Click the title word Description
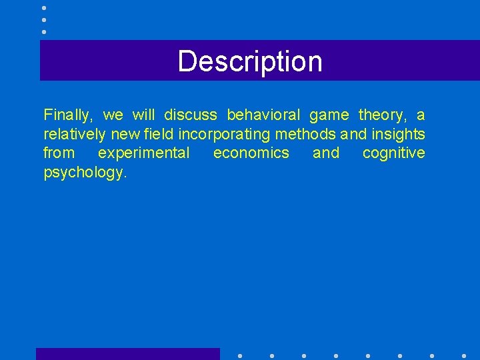pyautogui.click(x=250, y=61)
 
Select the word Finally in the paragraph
pyautogui.click(x=68, y=115)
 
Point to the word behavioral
pyautogui.click(x=263, y=115)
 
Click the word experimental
pyautogui.click(x=143, y=153)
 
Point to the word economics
pyautogui.click(x=251, y=153)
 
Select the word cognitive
pyautogui.click(x=393, y=153)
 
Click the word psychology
pyautogui.click(x=84, y=173)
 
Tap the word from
pyautogui.click(x=59, y=153)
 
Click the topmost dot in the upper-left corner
pyautogui.click(x=44, y=7)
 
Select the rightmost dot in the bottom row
pyautogui.click(x=464, y=356)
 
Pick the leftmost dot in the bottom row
pyautogui.click(x=239, y=356)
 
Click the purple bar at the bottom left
pyautogui.click(x=127, y=354)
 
